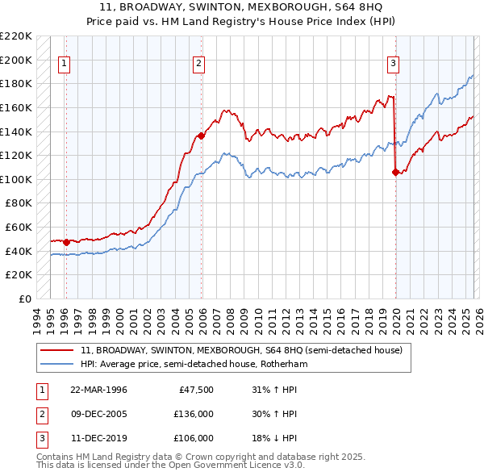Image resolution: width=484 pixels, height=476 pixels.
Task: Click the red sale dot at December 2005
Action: pyautogui.click(x=202, y=136)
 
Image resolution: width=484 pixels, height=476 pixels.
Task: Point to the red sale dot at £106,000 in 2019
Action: pyautogui.click(x=395, y=172)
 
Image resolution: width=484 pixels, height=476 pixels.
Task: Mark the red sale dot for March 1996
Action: pyautogui.click(x=66, y=241)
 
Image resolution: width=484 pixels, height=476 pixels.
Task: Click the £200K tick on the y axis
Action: pyautogui.click(x=17, y=60)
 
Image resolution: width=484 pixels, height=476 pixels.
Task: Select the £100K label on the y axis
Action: pyautogui.click(x=17, y=179)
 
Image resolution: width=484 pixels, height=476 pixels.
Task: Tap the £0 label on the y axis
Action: pyautogui.click(x=24, y=299)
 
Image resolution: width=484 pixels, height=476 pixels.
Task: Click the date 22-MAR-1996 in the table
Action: pyautogui.click(x=99, y=390)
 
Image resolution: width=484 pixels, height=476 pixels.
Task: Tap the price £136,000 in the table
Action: pyautogui.click(x=193, y=414)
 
